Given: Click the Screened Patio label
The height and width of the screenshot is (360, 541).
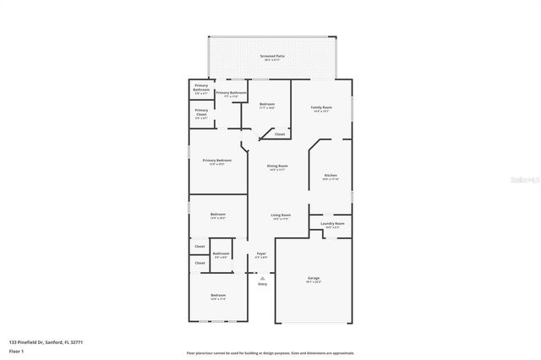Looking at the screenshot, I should [272, 56].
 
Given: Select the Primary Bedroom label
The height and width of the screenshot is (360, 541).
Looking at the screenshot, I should [216, 161].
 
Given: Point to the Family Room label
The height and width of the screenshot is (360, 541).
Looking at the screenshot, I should [321, 108].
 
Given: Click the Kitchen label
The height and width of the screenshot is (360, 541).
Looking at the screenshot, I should [331, 176].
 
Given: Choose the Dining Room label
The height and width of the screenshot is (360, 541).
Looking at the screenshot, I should [278, 166].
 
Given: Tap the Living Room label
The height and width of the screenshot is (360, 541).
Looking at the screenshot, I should [280, 215].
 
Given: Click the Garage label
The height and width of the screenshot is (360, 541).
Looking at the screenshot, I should [313, 278].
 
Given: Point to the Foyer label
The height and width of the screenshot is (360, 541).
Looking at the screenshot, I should [262, 254].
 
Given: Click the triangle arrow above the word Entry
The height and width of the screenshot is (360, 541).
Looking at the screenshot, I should [262, 277].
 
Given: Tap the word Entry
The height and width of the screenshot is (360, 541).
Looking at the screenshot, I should [262, 284].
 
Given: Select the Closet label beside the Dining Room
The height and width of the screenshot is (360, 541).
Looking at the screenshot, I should [280, 134].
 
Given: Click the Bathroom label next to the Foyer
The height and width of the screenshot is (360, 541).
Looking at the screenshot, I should [221, 254].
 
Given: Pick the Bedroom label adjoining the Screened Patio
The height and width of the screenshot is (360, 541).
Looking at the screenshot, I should [267, 104].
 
